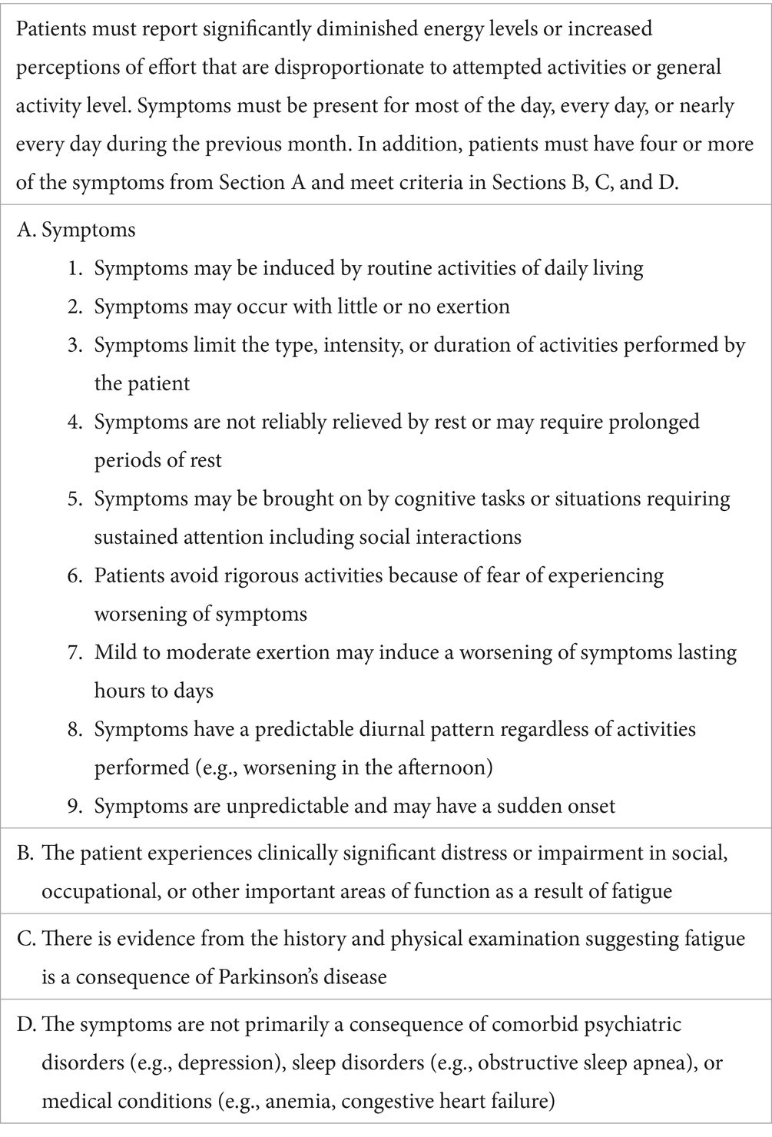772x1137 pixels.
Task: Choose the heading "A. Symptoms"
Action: coord(76,230)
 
